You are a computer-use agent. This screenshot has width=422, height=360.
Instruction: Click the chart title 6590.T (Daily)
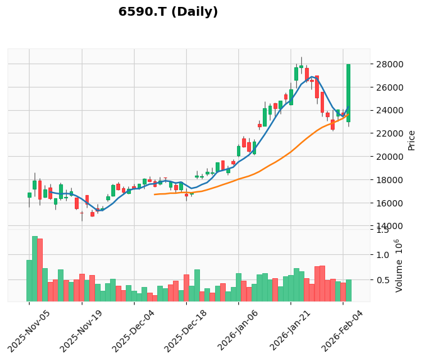coord(168,12)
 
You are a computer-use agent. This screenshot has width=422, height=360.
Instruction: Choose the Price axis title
coord(411,140)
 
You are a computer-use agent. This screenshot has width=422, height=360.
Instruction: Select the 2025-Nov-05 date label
coord(28,331)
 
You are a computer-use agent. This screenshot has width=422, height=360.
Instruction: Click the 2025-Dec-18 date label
coord(186,331)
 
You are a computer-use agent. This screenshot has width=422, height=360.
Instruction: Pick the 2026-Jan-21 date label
coord(290,331)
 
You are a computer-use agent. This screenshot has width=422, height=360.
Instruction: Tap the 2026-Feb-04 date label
coord(342,331)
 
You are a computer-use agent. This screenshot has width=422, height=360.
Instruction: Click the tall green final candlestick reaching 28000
coord(348,93)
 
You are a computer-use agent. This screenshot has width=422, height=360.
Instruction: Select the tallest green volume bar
coord(35,269)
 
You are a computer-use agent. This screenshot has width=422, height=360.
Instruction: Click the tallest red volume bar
coord(40,270)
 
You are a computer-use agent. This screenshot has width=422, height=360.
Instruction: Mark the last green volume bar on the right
coord(348,291)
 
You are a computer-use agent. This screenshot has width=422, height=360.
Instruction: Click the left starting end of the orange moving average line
coord(155,194)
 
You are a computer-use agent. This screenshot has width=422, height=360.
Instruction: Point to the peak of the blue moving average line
coord(312,77)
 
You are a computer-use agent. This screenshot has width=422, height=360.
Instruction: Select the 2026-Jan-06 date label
coord(238,331)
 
